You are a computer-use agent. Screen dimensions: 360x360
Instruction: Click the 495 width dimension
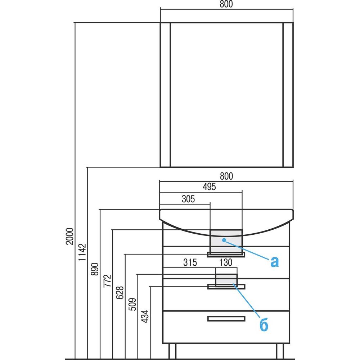(x=209, y=187)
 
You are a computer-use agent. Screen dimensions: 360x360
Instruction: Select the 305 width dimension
(x=188, y=199)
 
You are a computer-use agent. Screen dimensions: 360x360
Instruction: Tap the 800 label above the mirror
(x=226, y=4)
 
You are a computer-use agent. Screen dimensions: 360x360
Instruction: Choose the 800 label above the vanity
(x=226, y=176)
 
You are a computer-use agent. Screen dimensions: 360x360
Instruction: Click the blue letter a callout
(x=274, y=262)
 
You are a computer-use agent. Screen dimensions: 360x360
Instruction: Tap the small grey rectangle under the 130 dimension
(x=226, y=279)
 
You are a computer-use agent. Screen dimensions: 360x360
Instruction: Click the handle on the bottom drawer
(x=226, y=318)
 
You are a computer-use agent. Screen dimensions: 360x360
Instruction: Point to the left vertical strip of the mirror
(x=165, y=95)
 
